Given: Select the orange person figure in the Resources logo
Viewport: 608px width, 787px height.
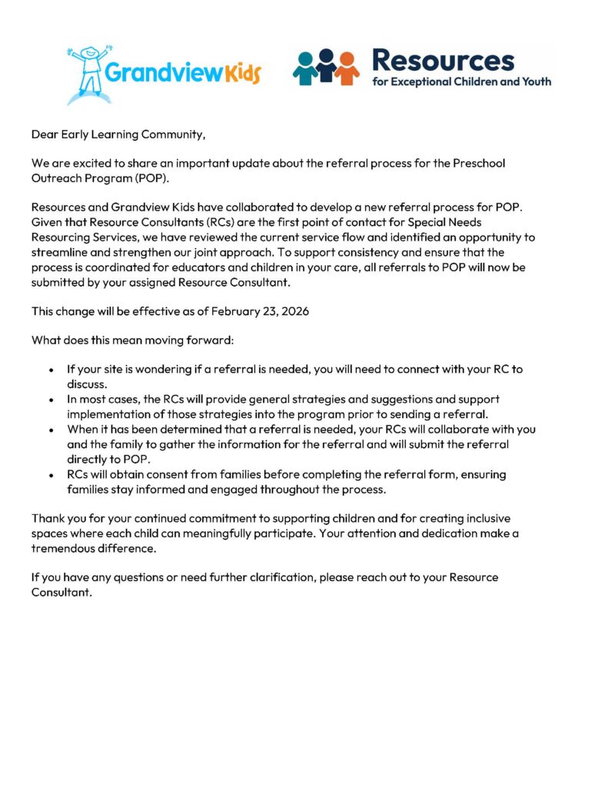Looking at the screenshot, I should coord(347,68).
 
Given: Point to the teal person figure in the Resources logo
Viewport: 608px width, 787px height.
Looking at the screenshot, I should coord(305,68).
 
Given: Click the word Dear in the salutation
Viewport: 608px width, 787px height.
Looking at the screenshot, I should coord(45,134).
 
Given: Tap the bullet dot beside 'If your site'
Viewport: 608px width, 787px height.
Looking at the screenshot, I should coord(51,370).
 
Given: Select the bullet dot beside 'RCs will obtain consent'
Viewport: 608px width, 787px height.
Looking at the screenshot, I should coord(51,476).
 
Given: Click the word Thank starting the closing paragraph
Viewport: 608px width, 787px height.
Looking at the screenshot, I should coord(48,519).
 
